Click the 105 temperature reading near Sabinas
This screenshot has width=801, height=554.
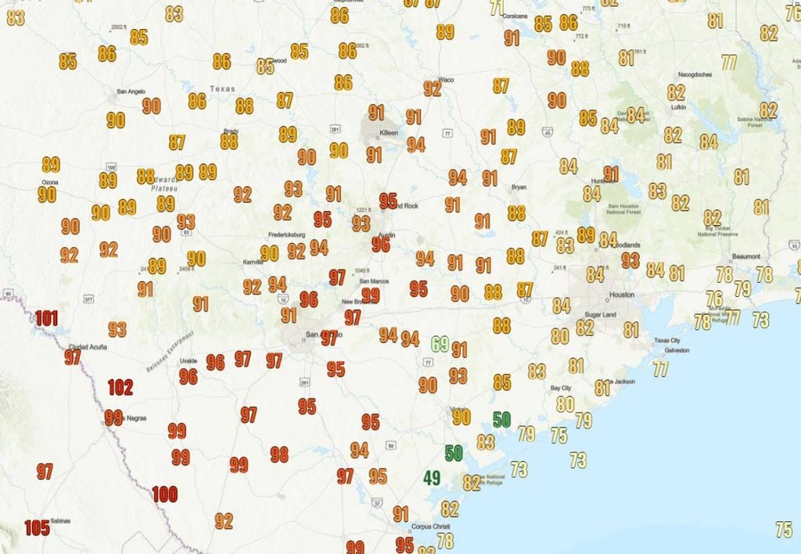tap(36, 527)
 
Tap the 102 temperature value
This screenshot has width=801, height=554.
tap(120, 387)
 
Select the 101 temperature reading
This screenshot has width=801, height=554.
tap(46, 318)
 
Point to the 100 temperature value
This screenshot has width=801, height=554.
tap(164, 494)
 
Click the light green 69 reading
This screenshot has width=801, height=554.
tap(440, 343)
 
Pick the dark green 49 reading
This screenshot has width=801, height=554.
tap(431, 477)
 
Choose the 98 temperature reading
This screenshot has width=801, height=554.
tap(279, 454)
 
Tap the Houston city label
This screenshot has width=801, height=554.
tap(622, 295)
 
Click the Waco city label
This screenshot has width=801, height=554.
tap(447, 80)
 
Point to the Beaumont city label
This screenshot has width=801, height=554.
tap(746, 256)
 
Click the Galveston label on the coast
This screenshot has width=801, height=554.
tap(676, 351)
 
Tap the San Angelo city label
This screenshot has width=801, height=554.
tap(131, 91)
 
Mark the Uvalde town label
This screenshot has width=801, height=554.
tap(189, 361)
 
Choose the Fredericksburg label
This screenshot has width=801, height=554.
tap(286, 234)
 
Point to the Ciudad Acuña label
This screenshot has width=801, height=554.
tap(88, 347)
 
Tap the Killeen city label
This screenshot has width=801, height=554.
tap(389, 133)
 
